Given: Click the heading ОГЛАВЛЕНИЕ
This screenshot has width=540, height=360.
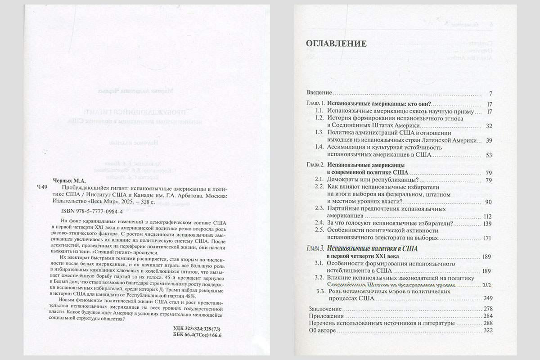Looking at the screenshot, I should pos(336,44).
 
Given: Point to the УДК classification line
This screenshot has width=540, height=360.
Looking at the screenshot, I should pos(198,328).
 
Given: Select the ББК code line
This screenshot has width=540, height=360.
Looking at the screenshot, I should pos(198,335).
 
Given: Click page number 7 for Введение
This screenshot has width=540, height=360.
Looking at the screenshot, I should pos(490,94).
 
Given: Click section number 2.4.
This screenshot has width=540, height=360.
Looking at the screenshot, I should pos(319,223).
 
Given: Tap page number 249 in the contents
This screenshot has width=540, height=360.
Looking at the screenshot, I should pos(488,298).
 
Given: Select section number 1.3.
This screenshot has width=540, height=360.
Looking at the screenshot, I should pos(319,133).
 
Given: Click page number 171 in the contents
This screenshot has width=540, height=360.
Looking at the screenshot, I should pos(488,238).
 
